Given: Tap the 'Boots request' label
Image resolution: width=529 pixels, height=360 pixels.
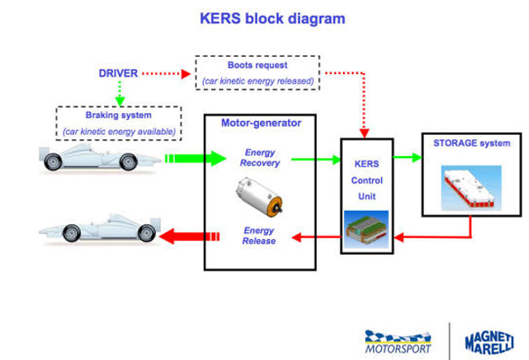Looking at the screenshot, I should pos(256,65).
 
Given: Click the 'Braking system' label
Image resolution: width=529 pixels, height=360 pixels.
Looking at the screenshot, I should pos(118,115).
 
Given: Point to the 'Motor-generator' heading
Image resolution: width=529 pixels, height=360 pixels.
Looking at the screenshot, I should pos(260,124).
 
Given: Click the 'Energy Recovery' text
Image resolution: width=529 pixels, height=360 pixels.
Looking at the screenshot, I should pos(260,157).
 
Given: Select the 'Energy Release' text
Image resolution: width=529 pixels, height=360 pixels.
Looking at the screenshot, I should pos(260,236).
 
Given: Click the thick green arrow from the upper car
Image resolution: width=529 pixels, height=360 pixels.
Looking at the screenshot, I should pos(184,160).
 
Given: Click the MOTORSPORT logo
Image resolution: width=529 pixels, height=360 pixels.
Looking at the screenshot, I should pos(397,341).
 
